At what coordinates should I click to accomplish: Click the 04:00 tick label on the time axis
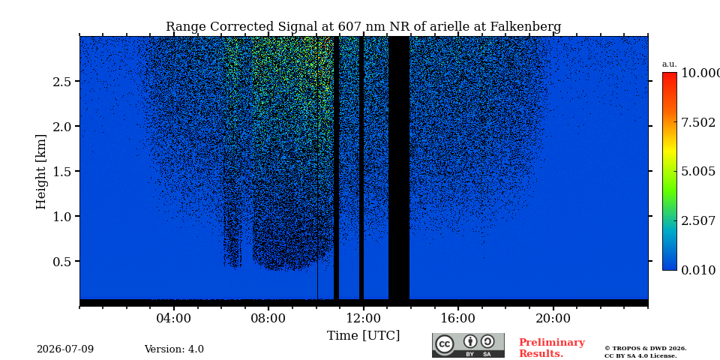click(x=174, y=318)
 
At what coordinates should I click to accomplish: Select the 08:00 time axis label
click(x=268, y=318)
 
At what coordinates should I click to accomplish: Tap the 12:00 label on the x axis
click(x=364, y=318)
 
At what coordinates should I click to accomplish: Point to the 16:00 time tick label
click(x=458, y=318)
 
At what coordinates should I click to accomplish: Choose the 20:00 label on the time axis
click(x=553, y=318)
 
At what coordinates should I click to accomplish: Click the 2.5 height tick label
click(x=61, y=82)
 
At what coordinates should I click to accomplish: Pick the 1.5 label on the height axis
click(x=61, y=172)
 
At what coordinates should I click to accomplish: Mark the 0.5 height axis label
click(x=61, y=262)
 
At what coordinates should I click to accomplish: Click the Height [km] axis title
click(x=41, y=172)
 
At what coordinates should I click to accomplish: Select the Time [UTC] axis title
click(x=363, y=336)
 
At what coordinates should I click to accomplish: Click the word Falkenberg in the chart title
click(x=526, y=27)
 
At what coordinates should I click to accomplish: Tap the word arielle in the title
click(x=449, y=27)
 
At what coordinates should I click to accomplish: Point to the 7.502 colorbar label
click(x=697, y=122)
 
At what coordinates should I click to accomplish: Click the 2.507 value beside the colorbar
click(x=697, y=220)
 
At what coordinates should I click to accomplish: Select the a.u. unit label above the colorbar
click(x=669, y=64)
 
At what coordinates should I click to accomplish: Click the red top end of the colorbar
click(x=670, y=73)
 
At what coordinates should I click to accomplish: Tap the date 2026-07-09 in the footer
click(x=65, y=349)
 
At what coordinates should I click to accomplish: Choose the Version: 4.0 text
click(x=174, y=349)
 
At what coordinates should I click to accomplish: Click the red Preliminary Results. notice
click(x=551, y=348)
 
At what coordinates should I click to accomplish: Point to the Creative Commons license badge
click(x=468, y=346)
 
